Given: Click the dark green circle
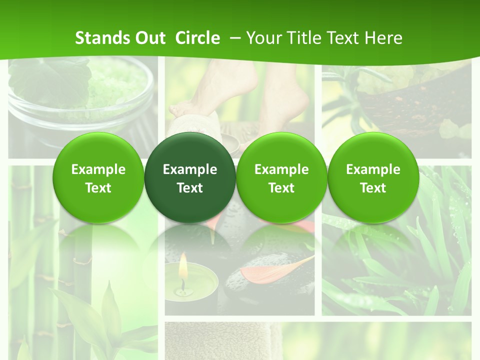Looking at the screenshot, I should [x=190, y=178].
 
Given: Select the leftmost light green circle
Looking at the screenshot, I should [x=98, y=178].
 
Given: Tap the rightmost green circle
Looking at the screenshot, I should [x=373, y=178].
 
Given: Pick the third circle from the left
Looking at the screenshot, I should [x=281, y=178].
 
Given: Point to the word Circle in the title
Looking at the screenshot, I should [x=197, y=38].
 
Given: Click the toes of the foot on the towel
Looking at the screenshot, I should [x=177, y=108].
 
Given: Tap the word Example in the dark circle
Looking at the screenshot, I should [x=190, y=169].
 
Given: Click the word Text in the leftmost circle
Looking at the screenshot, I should [x=98, y=188].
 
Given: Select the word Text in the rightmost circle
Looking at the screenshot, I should [x=373, y=188].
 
